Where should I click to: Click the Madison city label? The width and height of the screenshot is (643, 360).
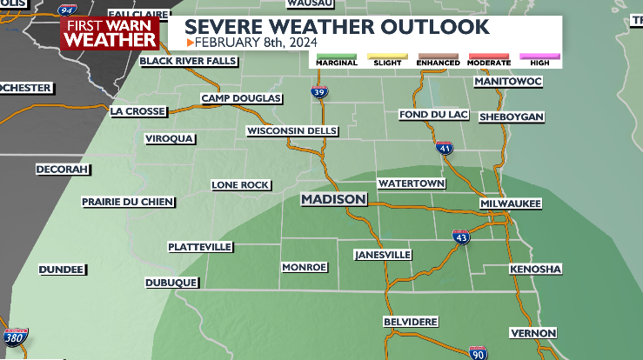[334, 200]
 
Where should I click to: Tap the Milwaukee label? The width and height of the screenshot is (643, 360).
[511, 203]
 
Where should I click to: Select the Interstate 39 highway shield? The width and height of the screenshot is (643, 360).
[319, 90]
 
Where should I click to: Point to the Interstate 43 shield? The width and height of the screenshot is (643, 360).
[461, 237]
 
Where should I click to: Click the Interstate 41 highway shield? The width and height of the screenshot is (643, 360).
[445, 149]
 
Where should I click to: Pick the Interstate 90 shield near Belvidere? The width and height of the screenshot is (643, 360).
[477, 352]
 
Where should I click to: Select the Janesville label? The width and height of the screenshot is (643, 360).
[383, 255]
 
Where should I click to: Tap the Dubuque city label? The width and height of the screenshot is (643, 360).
[171, 283]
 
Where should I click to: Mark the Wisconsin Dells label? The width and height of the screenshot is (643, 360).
[292, 131]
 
